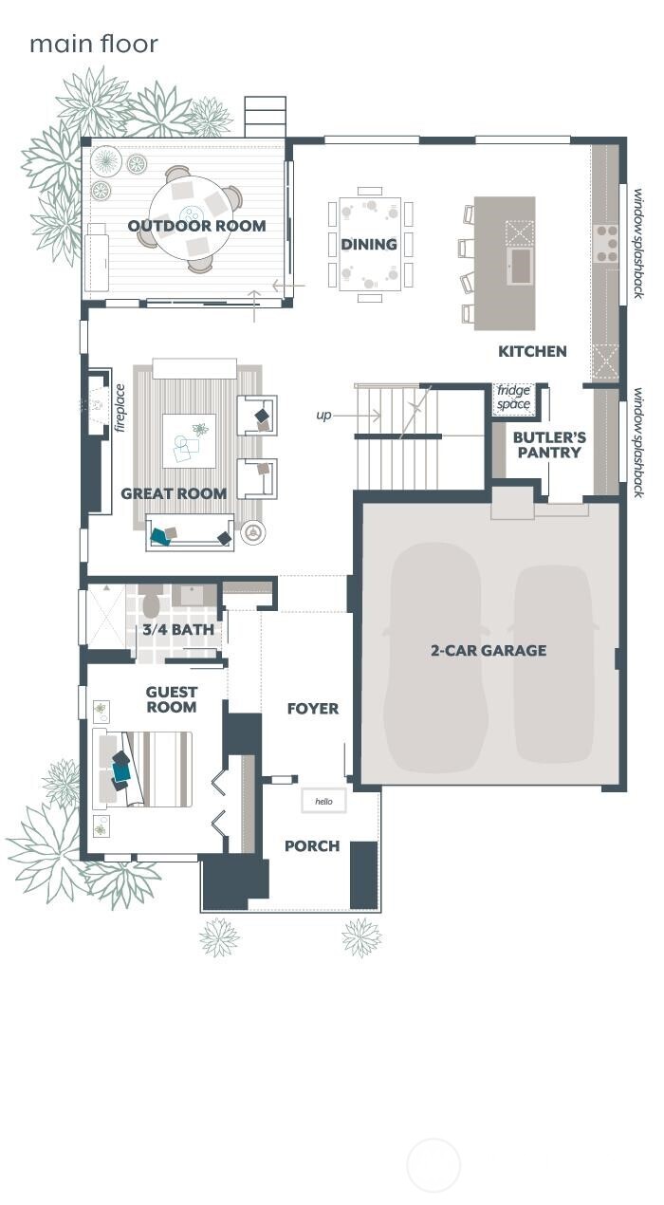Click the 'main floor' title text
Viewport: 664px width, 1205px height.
click(x=93, y=44)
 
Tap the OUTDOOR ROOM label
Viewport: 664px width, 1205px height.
click(x=196, y=226)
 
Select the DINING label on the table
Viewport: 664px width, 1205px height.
click(x=369, y=245)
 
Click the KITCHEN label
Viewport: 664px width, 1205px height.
click(x=532, y=351)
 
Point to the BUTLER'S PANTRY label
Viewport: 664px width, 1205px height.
click(x=549, y=445)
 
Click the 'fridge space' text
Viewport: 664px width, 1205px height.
click(x=513, y=398)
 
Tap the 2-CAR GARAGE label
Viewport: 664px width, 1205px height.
click(x=489, y=651)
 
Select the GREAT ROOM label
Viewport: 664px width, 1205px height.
click(x=174, y=493)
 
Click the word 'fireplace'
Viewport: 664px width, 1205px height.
click(x=120, y=407)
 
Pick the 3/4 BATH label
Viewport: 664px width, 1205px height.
click(x=178, y=629)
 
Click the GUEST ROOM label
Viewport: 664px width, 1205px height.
click(x=172, y=700)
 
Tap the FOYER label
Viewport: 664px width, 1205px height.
click(x=312, y=709)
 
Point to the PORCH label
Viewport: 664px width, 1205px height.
click(x=312, y=846)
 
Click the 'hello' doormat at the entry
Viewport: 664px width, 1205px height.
click(x=323, y=802)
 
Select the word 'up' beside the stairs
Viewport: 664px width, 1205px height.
click(x=324, y=416)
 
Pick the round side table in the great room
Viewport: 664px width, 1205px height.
click(x=251, y=533)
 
